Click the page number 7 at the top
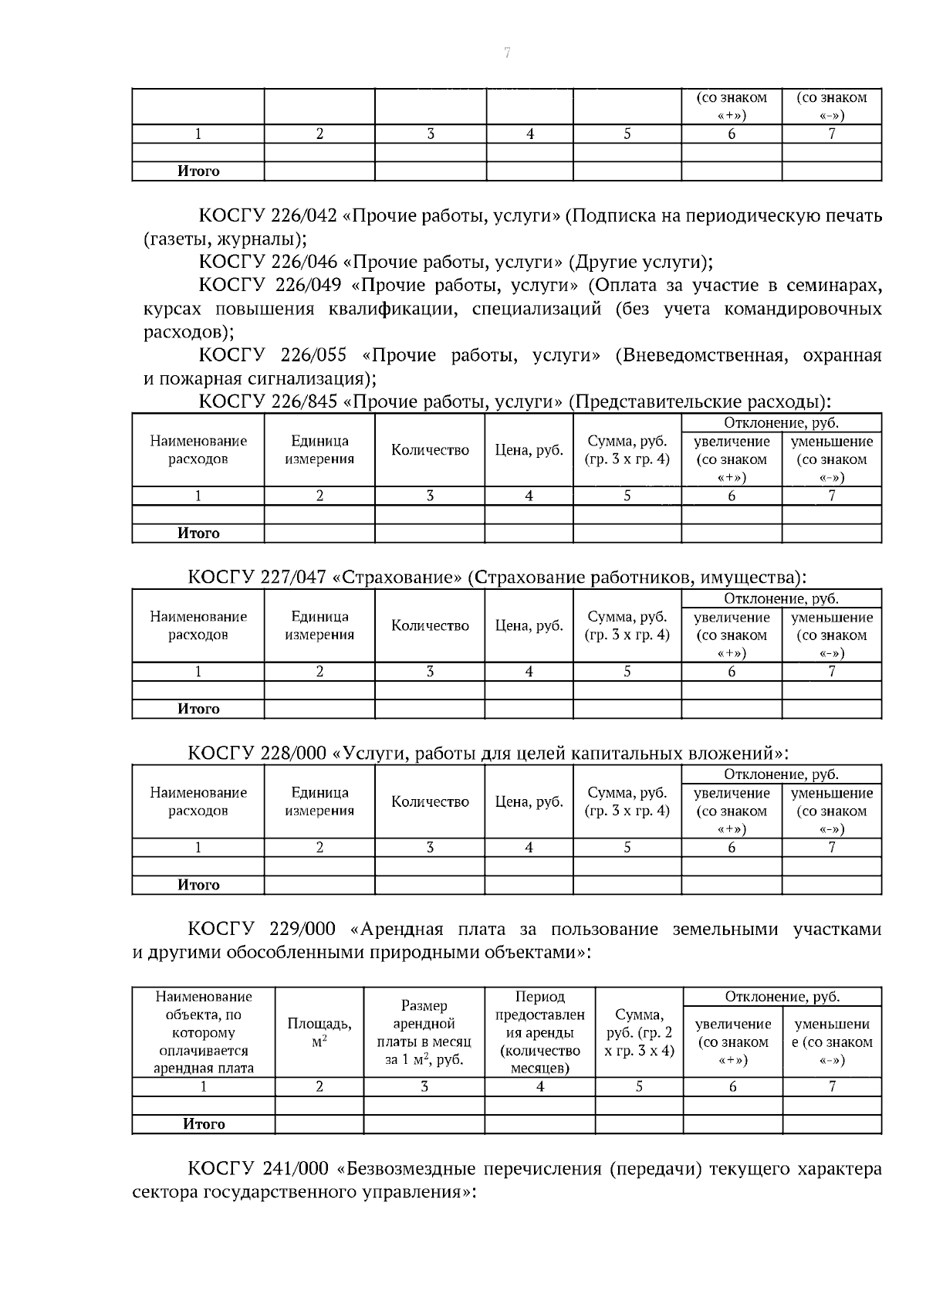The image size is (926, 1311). coord(507,53)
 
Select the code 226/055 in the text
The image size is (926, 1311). coord(314,355)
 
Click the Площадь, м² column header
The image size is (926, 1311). coord(319,1032)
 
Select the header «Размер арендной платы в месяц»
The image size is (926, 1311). coord(424,1032)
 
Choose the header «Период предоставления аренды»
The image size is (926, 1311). coord(539,1032)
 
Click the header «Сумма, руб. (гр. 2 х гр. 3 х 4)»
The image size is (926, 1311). coord(639,1032)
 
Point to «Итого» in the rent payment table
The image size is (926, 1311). coord(204,1124)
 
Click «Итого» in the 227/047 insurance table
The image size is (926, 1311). coord(198,709)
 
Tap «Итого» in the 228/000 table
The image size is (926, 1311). coord(198,885)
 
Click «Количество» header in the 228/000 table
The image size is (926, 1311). coord(430,802)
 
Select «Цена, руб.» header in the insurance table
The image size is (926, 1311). coord(529,626)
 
